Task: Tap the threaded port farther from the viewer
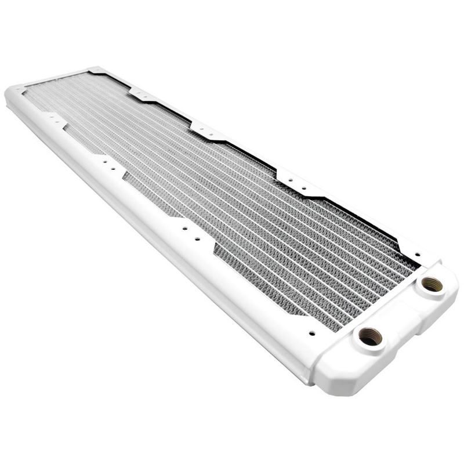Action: click(431, 284)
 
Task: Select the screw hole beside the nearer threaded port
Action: click(312, 333)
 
